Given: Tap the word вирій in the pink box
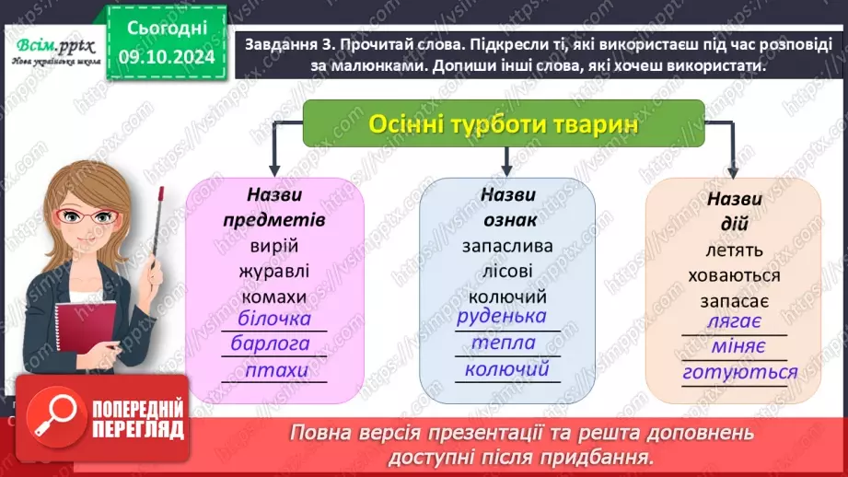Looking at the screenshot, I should pos(274,247).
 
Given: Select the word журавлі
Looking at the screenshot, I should pos(274,272).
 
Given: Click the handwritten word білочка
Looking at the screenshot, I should pos(274,320).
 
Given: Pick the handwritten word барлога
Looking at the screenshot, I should pos(274,344).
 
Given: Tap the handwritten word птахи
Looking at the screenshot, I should pos(275,370).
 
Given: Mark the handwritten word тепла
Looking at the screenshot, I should pos(504,343).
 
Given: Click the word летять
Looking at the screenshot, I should pos(733,250).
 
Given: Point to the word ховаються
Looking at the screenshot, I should pos(734,275).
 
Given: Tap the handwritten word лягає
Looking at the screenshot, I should pos(733,322).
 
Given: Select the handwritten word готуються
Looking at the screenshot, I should pos(739,373).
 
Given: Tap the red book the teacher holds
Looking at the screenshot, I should pos(85,336).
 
